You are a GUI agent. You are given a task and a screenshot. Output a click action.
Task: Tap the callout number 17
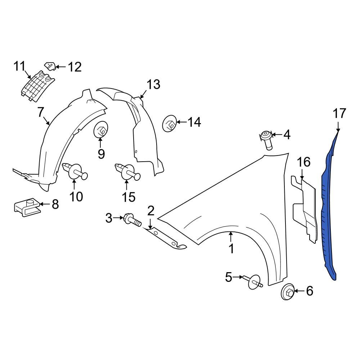(339, 113)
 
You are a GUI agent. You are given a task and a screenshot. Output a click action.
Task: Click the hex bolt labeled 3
(132, 220)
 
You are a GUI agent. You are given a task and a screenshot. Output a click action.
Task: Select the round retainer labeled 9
(101, 130)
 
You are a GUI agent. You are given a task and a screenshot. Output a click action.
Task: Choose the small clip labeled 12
(50, 66)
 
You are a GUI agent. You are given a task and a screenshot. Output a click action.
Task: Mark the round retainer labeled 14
(170, 123)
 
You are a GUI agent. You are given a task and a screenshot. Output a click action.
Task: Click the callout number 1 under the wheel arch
(231, 248)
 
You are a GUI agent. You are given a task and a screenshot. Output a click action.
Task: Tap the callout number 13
(153, 85)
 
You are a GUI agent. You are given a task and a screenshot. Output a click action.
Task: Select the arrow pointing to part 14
(181, 122)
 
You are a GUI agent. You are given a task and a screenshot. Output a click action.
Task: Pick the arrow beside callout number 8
(45, 204)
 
